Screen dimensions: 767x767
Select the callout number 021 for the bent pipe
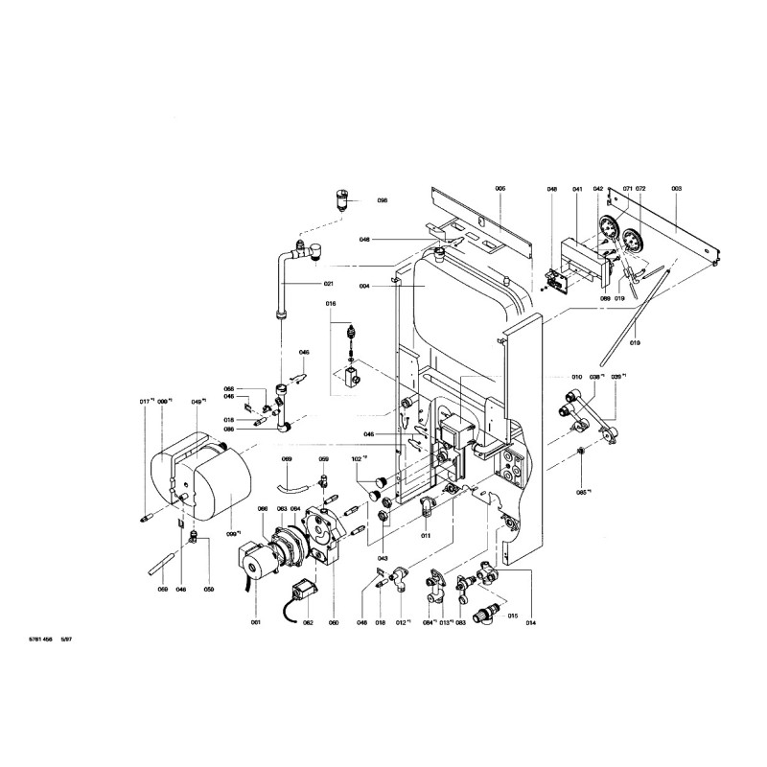[328, 284]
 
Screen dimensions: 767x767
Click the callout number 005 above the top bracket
[500, 189]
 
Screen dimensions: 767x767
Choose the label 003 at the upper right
[676, 190]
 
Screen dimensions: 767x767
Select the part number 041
[578, 190]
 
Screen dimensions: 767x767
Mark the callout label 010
[577, 377]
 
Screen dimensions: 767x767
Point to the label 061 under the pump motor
[255, 623]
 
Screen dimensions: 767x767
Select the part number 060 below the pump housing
[334, 623]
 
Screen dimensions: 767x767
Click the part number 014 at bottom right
[530, 623]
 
